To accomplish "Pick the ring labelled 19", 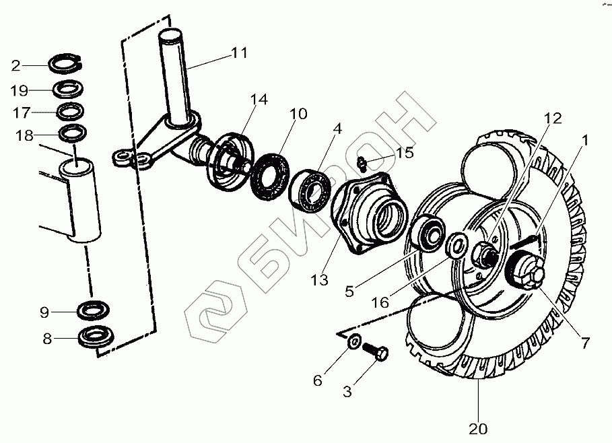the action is [68, 88].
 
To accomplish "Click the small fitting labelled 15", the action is [362, 162].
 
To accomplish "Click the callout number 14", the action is [259, 100].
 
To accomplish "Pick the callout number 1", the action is [585, 141].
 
